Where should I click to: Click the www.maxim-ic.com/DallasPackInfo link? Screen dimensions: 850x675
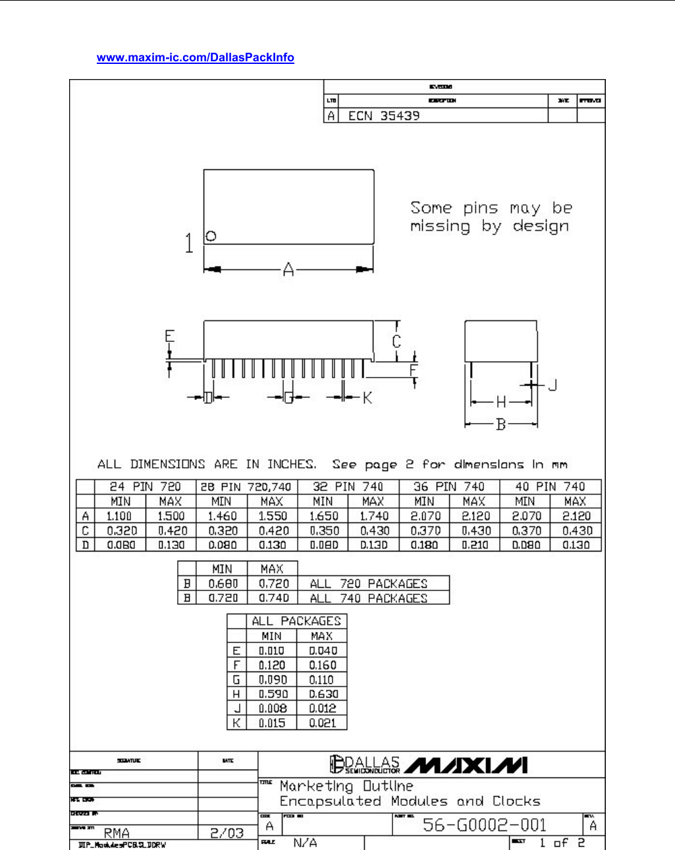(195, 57)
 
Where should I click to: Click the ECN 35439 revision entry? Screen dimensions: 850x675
(383, 116)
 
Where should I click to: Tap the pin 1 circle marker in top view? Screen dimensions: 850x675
(211, 236)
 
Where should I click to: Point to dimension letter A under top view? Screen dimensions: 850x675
(288, 269)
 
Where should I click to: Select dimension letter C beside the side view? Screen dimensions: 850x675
(396, 341)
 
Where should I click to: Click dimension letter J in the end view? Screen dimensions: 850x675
(553, 385)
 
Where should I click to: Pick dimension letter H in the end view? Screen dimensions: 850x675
(501, 402)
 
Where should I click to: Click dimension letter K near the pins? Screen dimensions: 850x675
(367, 397)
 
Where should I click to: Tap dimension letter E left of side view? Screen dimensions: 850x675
(169, 337)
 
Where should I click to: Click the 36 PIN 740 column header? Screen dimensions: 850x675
(449, 487)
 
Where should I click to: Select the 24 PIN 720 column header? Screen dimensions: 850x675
(146, 487)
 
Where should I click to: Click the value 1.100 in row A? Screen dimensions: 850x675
(119, 517)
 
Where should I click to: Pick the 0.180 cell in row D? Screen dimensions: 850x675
(424, 546)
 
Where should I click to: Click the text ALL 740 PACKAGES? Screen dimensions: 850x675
(368, 598)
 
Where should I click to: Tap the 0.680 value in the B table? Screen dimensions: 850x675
(223, 584)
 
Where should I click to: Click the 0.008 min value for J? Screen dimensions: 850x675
(273, 709)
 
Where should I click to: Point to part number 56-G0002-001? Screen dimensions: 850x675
(485, 825)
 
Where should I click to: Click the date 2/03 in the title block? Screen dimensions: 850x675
(227, 833)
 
